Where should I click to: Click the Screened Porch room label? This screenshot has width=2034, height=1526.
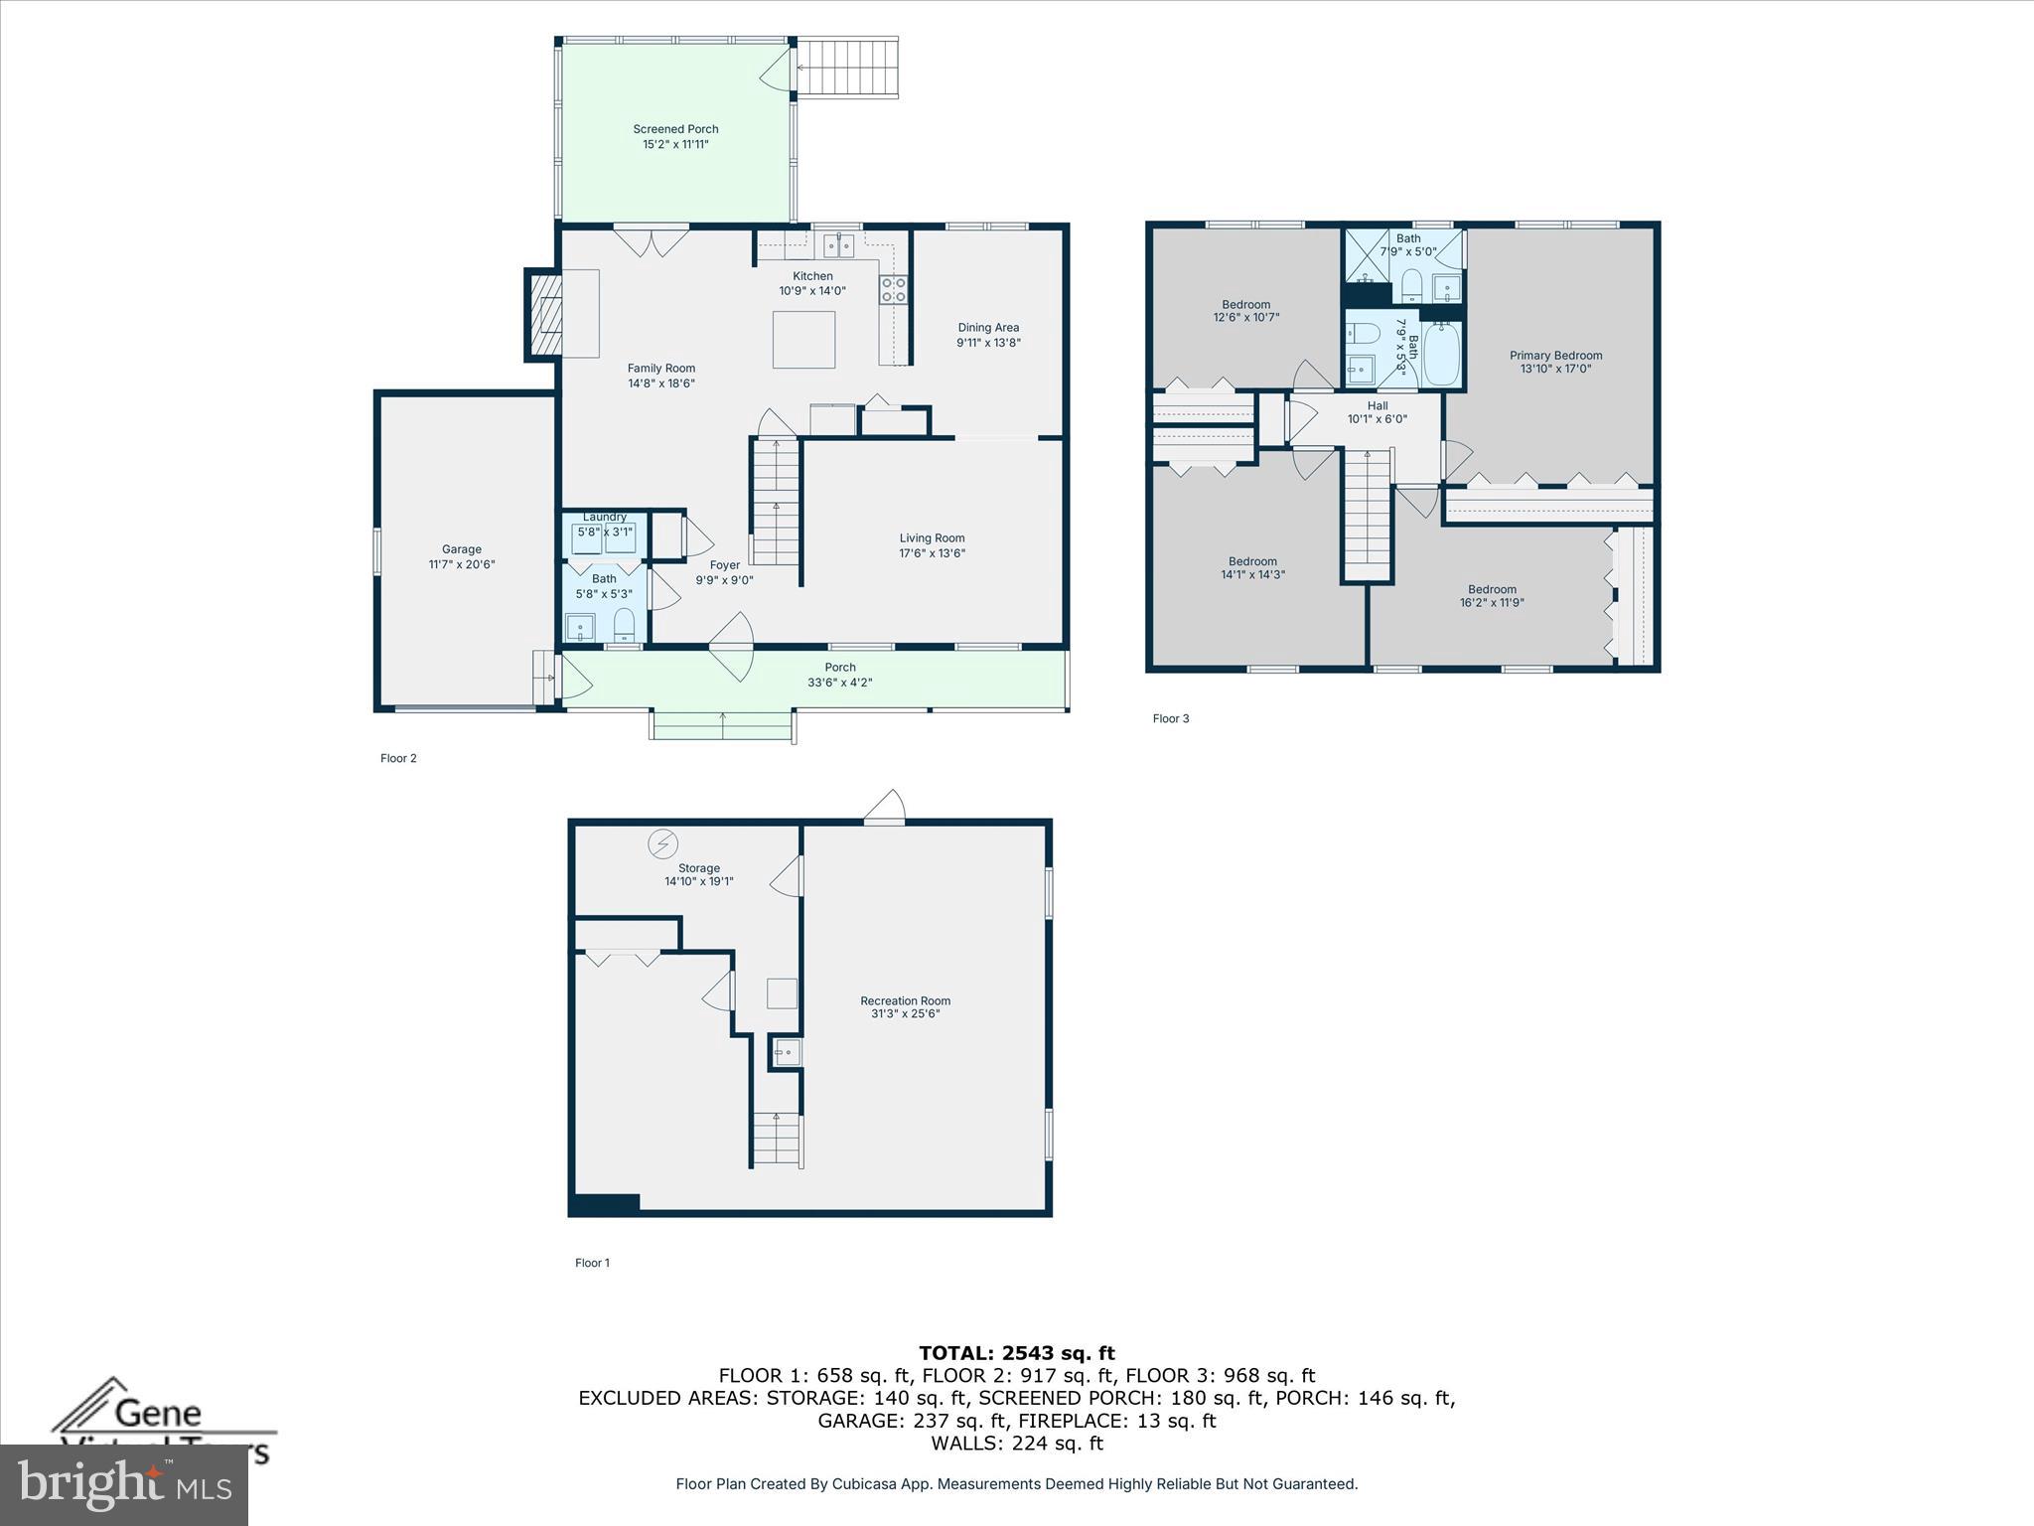pos(675,129)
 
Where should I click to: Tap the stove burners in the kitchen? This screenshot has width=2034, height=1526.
pos(893,289)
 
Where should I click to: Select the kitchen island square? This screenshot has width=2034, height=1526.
pos(803,340)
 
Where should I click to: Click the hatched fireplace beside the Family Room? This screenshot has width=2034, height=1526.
pos(545,315)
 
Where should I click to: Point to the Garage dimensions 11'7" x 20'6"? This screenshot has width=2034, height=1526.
pos(462,564)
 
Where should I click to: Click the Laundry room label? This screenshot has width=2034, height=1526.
pos(604,517)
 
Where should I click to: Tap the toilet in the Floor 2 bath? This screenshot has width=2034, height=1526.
pos(624,626)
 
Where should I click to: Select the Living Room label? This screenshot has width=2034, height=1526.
pos(932,538)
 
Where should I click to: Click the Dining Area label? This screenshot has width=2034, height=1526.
pos(988,327)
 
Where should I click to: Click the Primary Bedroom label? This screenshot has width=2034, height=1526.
pos(1555,355)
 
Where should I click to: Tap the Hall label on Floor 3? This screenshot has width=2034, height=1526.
pos(1377,405)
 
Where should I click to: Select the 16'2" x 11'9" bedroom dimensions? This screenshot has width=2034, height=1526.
pos(1492,603)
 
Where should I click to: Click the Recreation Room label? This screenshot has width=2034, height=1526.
pos(905,1000)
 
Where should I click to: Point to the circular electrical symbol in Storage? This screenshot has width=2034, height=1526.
pos(662,843)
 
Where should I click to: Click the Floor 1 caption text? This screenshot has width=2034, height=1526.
pos(592,1263)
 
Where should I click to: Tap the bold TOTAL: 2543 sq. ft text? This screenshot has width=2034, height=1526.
pos(1016,1352)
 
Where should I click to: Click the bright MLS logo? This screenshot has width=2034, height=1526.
pos(124,1484)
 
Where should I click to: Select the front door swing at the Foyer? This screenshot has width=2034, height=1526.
pos(732,646)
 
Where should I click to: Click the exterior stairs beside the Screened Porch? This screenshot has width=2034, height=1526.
pos(847,68)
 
